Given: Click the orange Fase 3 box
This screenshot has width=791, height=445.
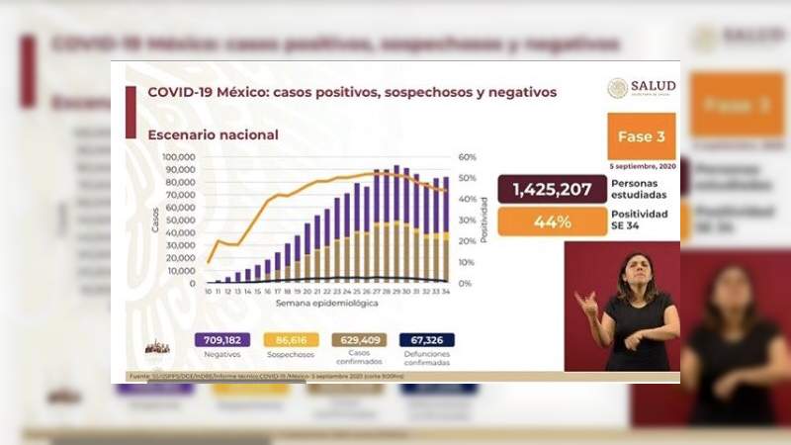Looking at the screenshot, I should tap(641, 135).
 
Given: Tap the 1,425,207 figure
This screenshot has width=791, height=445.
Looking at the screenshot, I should tap(554, 189).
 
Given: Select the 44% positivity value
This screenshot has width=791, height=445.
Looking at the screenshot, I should tap(554, 222).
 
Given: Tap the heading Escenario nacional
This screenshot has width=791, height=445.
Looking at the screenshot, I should tap(213, 135).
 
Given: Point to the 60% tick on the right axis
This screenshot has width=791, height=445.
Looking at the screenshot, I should tap(468, 157).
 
